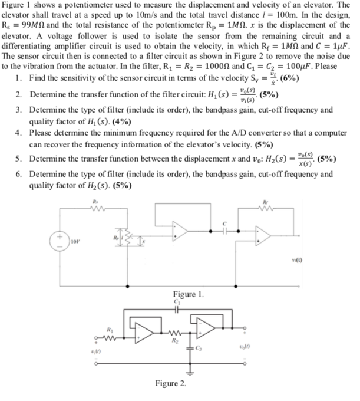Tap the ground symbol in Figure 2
tap(189, 373)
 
